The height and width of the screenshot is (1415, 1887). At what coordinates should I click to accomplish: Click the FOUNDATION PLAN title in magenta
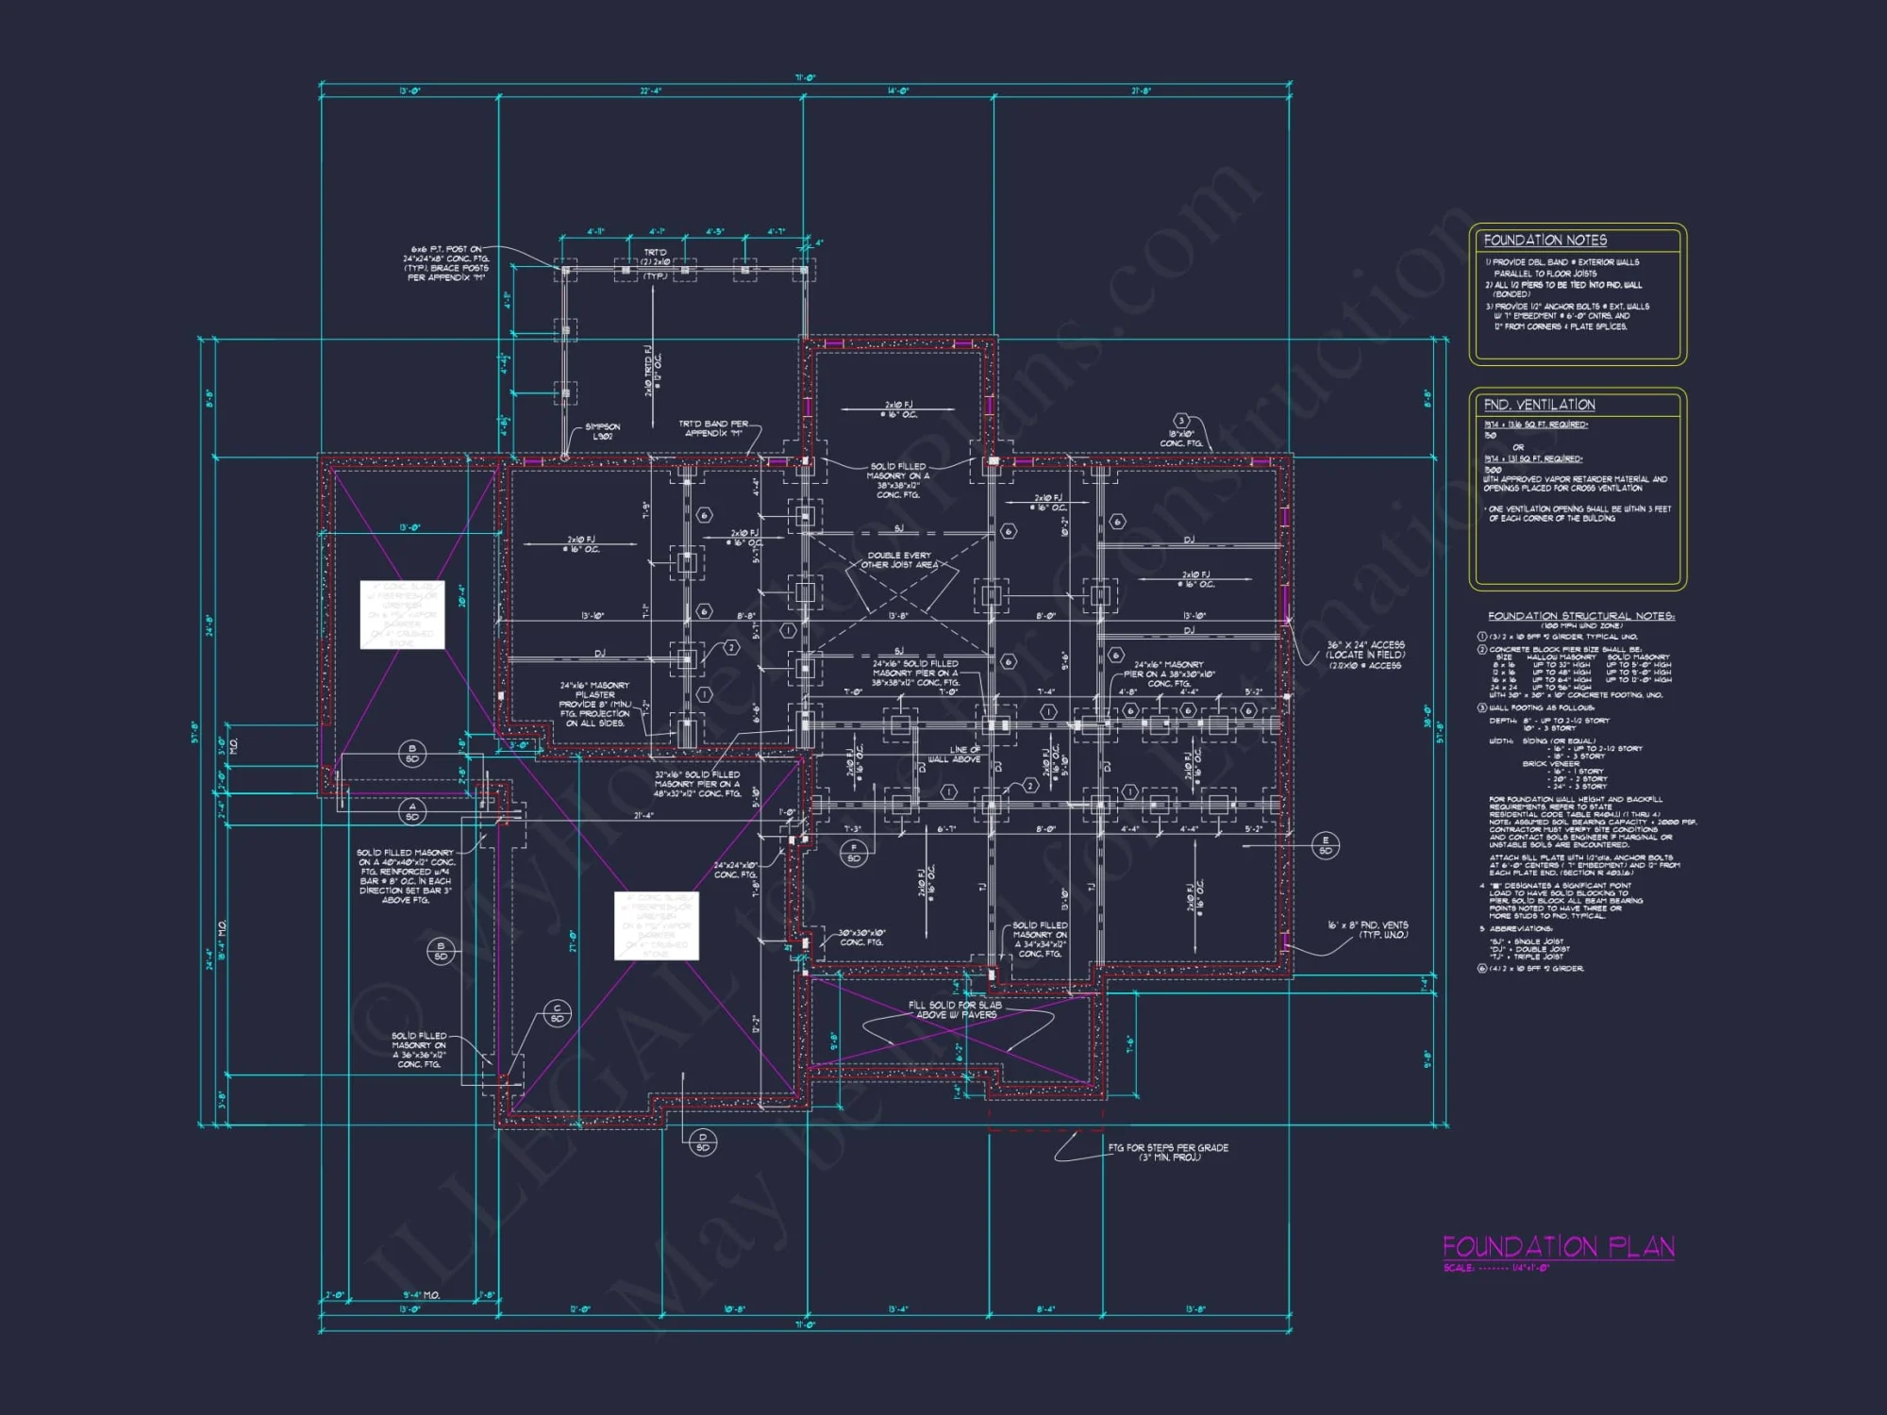click(1558, 1247)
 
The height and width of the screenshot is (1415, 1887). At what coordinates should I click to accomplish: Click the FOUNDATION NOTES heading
click(1545, 241)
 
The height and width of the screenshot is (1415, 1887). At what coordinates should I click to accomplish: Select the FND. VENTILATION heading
click(1539, 405)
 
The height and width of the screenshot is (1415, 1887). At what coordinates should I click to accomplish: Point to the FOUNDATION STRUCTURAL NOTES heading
click(1580, 616)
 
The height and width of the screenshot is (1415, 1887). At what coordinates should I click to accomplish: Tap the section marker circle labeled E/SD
click(1325, 845)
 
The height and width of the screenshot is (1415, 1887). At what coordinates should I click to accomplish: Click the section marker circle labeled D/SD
click(702, 1142)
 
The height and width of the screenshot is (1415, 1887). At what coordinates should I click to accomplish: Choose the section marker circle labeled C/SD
click(557, 1014)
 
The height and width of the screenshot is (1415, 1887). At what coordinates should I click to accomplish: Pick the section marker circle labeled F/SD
click(854, 854)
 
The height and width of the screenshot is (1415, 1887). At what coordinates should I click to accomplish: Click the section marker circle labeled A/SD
click(412, 811)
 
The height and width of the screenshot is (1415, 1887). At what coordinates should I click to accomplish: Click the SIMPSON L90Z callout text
click(602, 431)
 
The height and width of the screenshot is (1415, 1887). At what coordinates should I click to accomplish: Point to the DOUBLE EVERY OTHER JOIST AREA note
click(899, 560)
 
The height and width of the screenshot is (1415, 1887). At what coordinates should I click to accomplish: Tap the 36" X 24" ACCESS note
click(1365, 655)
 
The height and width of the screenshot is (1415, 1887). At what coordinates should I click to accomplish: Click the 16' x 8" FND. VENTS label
click(1367, 930)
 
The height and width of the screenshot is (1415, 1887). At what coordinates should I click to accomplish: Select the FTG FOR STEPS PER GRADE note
click(1168, 1152)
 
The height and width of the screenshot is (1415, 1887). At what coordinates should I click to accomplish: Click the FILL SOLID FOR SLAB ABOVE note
click(955, 1009)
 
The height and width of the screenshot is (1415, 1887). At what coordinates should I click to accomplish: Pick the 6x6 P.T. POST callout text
click(447, 263)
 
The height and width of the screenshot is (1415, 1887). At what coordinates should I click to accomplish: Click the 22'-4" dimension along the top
click(651, 92)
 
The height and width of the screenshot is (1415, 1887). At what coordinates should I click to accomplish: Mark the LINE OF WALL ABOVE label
click(955, 755)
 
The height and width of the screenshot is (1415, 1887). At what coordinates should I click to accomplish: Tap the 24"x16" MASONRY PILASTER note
click(594, 704)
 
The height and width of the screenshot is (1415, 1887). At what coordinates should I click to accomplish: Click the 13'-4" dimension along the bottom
click(897, 1309)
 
